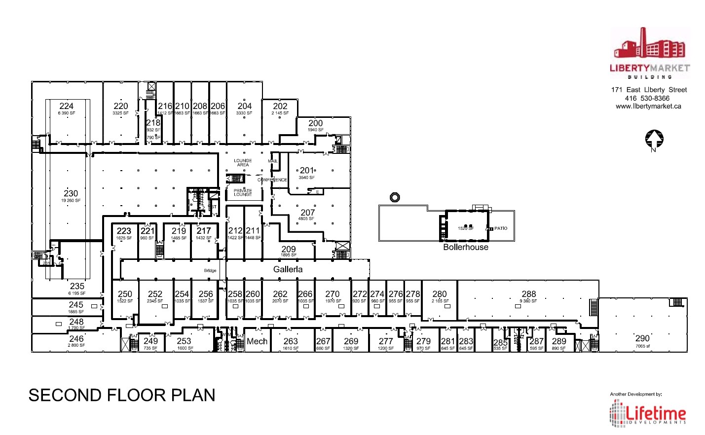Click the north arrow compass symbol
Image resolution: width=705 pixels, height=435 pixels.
pos(654,140)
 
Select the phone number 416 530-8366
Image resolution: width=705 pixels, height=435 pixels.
pos(647,98)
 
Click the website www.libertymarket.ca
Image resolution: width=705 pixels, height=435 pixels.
pos(648,106)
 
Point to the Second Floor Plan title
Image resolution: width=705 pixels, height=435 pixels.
pos(122,395)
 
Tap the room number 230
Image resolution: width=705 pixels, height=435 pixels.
pos(71,193)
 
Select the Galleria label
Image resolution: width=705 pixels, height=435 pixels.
pos(288,269)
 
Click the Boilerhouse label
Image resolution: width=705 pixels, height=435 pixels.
pos(466,247)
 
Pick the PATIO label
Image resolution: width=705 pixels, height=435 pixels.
pos(501,228)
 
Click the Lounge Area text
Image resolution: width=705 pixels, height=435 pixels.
pos(243,163)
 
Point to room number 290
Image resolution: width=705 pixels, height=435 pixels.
pos(642,338)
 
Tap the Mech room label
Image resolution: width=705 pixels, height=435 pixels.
pos(257,341)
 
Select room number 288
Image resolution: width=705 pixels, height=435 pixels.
pos(528,294)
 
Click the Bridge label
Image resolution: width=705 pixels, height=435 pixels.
pos(210,271)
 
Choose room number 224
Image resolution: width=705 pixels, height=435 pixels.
pos(67,106)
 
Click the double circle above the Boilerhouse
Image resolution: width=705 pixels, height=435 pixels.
pos(395,197)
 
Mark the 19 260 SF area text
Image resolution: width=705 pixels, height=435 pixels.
pos(71,201)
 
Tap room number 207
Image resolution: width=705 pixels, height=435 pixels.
pos(307,213)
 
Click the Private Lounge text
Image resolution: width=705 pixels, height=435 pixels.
pos(243,192)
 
